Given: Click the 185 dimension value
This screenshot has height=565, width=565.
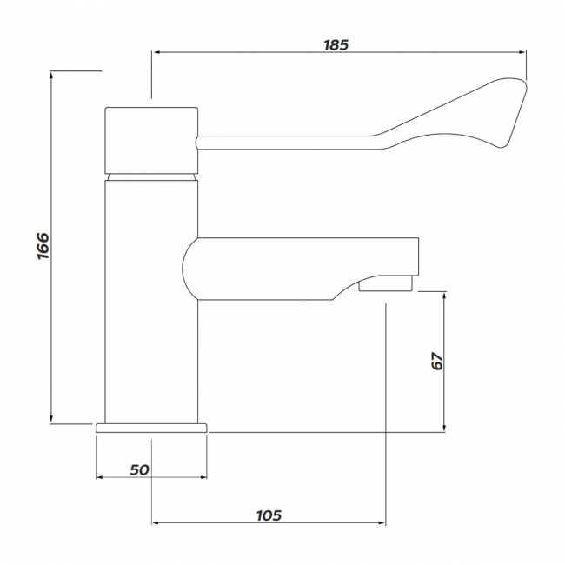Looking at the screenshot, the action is tap(336, 45).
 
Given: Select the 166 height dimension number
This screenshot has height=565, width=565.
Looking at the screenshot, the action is tap(43, 246).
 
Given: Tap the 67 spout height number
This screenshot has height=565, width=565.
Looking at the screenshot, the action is tap(437, 361).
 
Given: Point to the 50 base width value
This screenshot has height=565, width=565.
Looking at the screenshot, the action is tap(139, 470).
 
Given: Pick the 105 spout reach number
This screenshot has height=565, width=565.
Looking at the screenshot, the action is tap(269, 515).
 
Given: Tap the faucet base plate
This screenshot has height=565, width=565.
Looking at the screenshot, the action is tap(152, 428).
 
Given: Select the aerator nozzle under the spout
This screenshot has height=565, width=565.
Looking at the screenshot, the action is tap(385, 283).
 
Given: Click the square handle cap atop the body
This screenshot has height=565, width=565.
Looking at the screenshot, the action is tap(151, 140).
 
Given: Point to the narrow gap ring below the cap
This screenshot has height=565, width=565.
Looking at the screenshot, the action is tap(151, 177).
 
